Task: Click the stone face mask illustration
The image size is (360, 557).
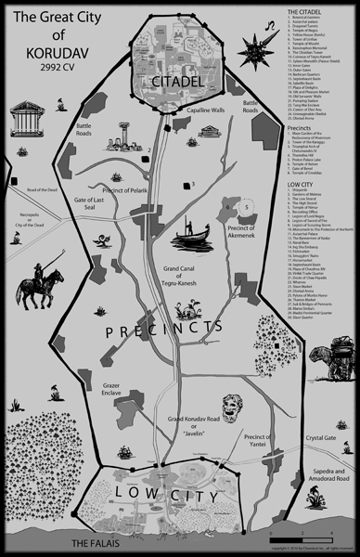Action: (x=225, y=406)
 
